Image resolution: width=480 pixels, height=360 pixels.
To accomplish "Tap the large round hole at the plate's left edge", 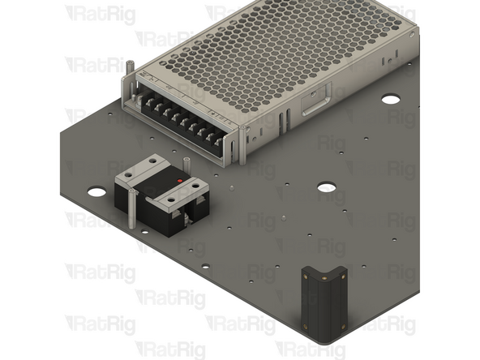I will point(96,192).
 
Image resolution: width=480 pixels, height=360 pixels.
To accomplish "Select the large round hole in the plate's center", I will point(327,187).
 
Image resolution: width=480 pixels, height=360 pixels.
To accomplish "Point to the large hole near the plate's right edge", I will point(391,99).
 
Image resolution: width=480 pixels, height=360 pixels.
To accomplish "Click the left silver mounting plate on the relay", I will point(140,171).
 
